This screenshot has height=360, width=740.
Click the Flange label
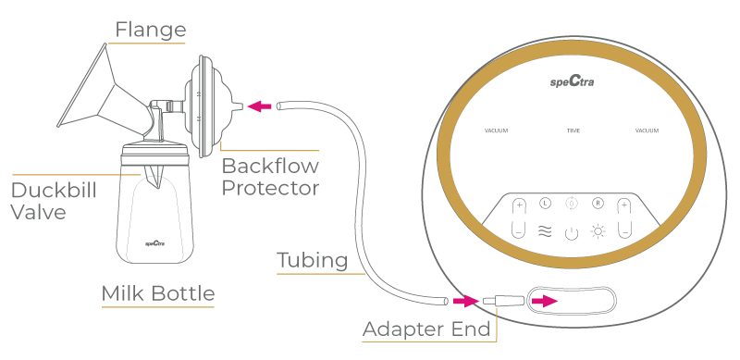(149, 30)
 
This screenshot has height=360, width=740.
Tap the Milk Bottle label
(157, 294)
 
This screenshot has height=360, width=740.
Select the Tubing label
(312, 261)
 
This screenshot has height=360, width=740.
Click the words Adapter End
(425, 329)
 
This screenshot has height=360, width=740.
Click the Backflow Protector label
(270, 177)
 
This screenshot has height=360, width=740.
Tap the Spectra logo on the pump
(571, 83)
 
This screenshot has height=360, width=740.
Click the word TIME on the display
(573, 131)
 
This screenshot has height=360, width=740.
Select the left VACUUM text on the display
(496, 131)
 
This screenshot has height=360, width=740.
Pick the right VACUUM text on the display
(647, 131)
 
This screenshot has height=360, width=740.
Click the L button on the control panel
(545, 204)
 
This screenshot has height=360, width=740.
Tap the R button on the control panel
(598, 204)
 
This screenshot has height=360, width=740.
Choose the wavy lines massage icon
(545, 231)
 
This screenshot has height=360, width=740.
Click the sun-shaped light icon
(598, 231)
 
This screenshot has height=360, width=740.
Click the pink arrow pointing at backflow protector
(263, 107)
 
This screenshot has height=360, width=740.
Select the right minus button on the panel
(624, 231)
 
